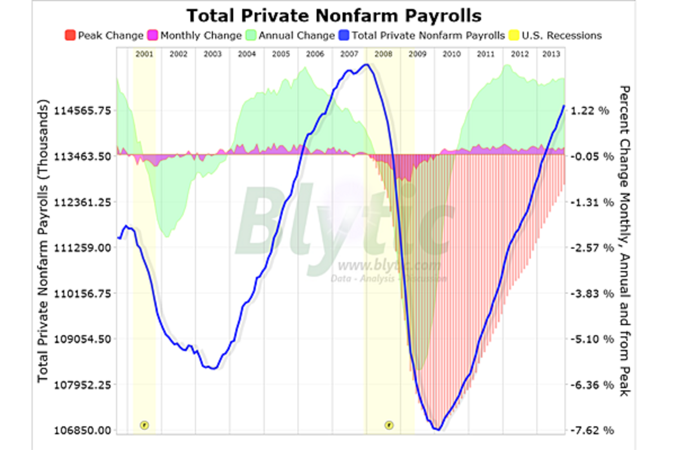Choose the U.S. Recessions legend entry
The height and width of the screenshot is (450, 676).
561,35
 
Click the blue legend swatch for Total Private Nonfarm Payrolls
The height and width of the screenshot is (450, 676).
344,35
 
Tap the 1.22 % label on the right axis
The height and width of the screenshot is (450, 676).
590,111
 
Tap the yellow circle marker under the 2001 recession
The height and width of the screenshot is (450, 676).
144,425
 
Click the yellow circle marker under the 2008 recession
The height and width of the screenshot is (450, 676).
389,425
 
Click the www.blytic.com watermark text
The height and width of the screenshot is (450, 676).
389,265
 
